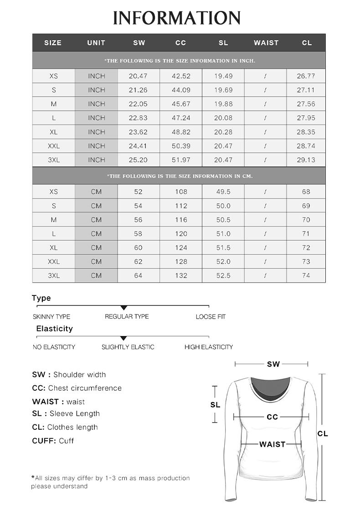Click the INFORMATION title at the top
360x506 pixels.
[x=177, y=18]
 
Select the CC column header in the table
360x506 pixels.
[x=181, y=43]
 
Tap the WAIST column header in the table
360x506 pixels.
[x=266, y=43]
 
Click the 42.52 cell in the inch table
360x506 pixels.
[x=181, y=76]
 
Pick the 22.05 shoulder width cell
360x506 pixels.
[x=138, y=104]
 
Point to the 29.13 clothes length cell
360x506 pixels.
[x=306, y=160]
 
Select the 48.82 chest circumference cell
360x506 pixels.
[x=181, y=132]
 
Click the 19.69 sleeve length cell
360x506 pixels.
[x=223, y=90]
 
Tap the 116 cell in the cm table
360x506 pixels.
[x=181, y=220]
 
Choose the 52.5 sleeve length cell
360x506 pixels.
[x=223, y=276]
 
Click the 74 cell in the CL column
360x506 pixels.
[x=306, y=276]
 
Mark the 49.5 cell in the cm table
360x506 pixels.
[x=223, y=192]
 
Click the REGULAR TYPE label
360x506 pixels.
[x=127, y=317]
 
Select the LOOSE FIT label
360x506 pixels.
[x=211, y=317]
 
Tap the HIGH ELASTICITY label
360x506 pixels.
[x=209, y=347]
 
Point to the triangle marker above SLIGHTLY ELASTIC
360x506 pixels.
[x=123, y=338]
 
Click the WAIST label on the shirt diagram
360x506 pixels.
[x=272, y=444]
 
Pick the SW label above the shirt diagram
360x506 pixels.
[x=273, y=364]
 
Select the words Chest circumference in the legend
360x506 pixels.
[x=85, y=388]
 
